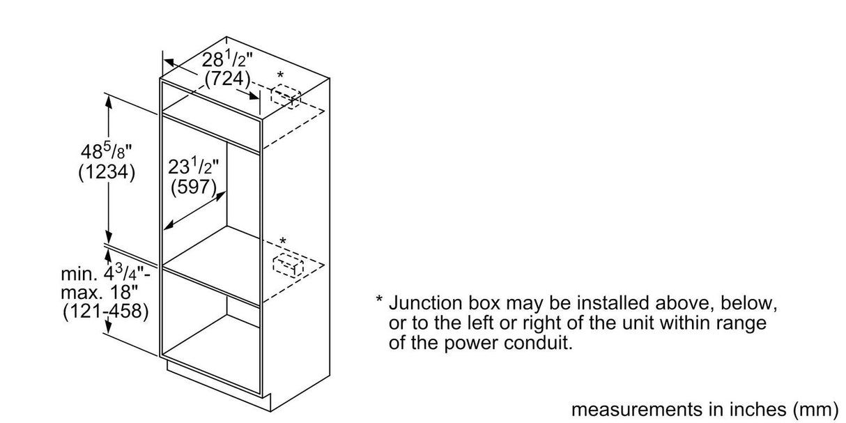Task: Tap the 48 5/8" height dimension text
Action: tap(106, 151)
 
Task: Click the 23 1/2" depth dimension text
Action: tap(194, 168)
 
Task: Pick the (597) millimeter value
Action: tap(194, 187)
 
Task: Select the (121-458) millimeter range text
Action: tap(106, 311)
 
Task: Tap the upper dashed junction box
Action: tap(286, 97)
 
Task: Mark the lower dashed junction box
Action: tap(285, 265)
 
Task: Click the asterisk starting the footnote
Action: tap(379, 302)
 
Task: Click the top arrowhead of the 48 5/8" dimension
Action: tap(109, 98)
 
